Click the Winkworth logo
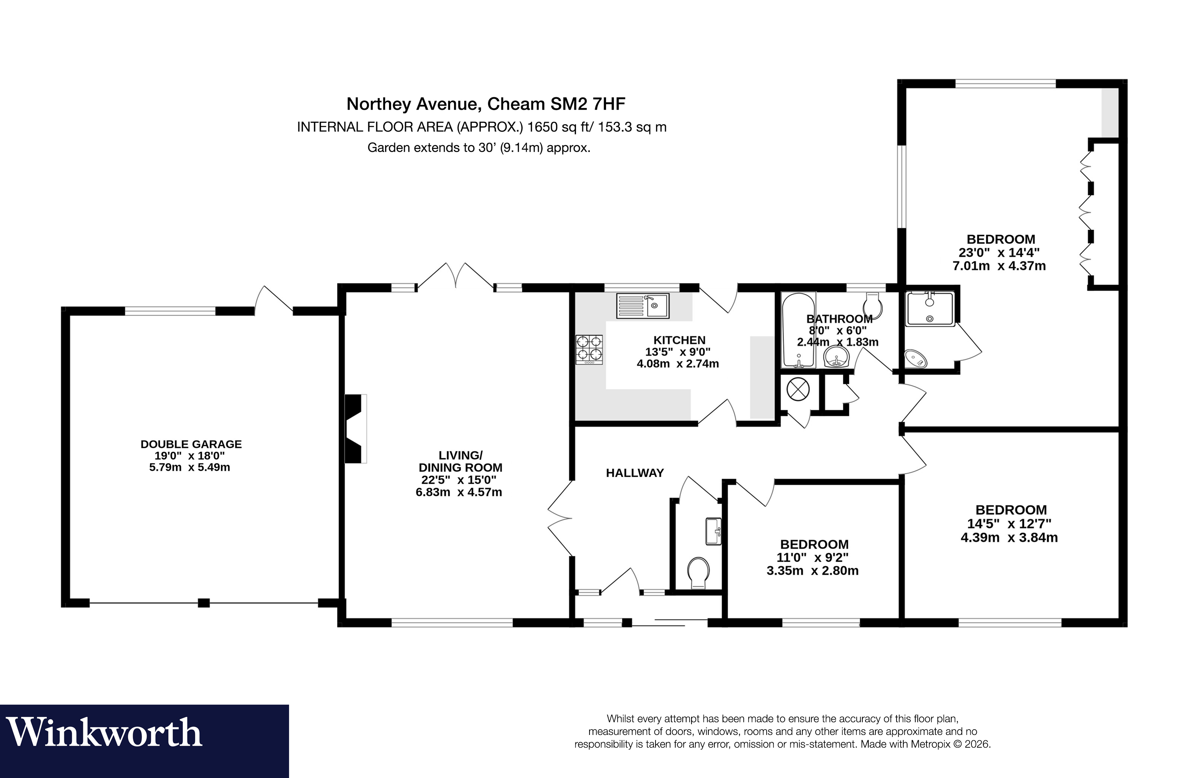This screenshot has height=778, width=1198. tap(104, 733)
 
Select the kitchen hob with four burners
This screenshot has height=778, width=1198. tap(589, 349)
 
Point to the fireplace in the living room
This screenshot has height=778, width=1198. tap(354, 428)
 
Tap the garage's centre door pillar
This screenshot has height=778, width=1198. tap(203, 602)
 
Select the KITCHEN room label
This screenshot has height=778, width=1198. tap(679, 340)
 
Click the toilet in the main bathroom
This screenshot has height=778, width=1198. tap(872, 306)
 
